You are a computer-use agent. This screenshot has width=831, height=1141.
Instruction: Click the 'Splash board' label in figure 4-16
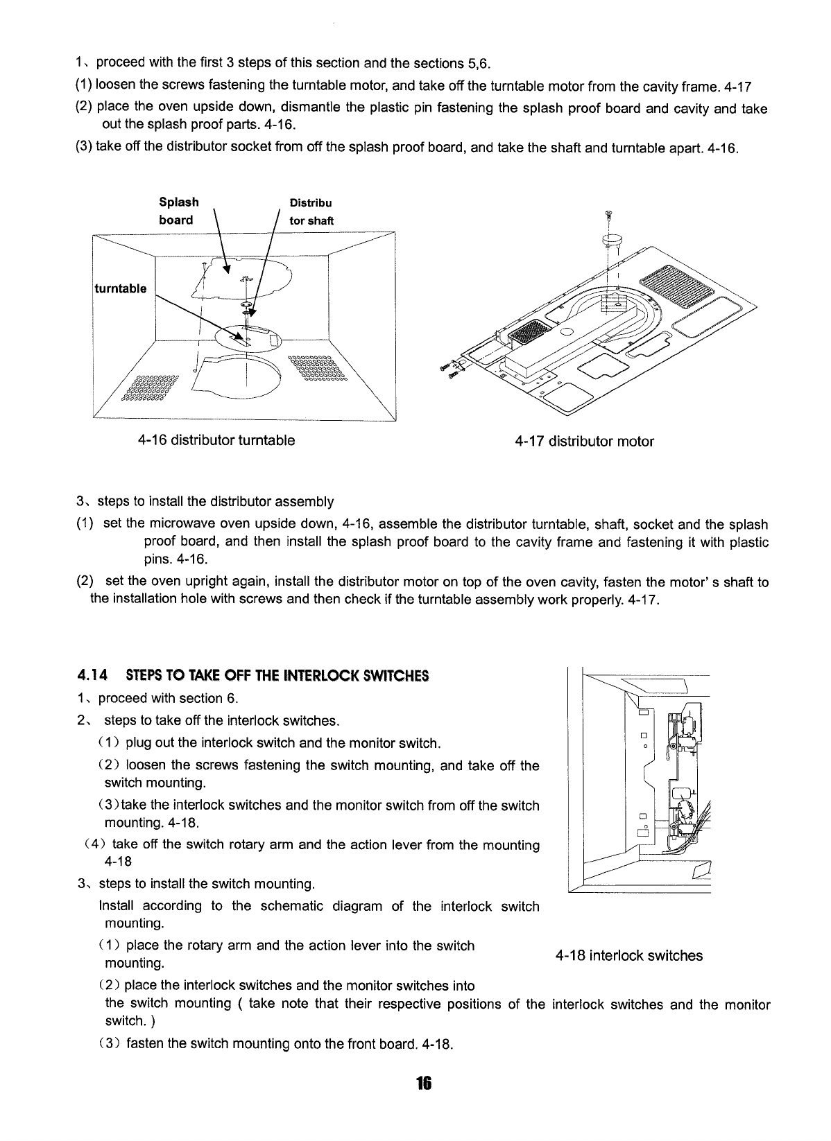178,211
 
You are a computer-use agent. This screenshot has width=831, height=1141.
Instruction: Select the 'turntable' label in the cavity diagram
120,288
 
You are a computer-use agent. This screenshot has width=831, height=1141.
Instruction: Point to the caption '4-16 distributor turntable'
216,440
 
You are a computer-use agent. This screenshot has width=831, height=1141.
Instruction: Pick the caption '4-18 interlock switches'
628,956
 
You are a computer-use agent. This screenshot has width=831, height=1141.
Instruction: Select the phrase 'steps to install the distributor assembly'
215,501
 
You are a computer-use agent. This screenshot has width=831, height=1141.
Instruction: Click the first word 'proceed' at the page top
119,64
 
